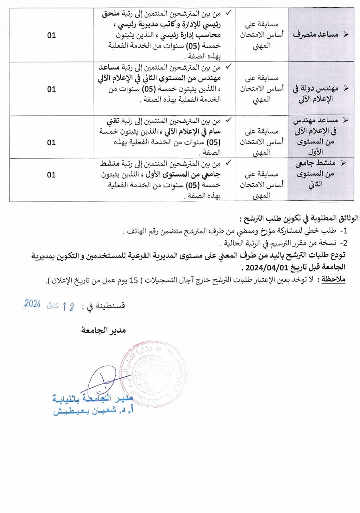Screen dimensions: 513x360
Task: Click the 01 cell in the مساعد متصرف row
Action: [x=51, y=35]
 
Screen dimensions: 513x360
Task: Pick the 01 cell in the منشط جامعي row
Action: [x=51, y=175]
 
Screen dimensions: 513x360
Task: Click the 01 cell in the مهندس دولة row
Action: [x=51, y=89]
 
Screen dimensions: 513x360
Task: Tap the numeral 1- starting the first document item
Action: [x=344, y=232]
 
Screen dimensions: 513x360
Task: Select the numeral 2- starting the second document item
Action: [x=344, y=243]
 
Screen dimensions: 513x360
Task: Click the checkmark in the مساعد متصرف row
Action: [x=228, y=13]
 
